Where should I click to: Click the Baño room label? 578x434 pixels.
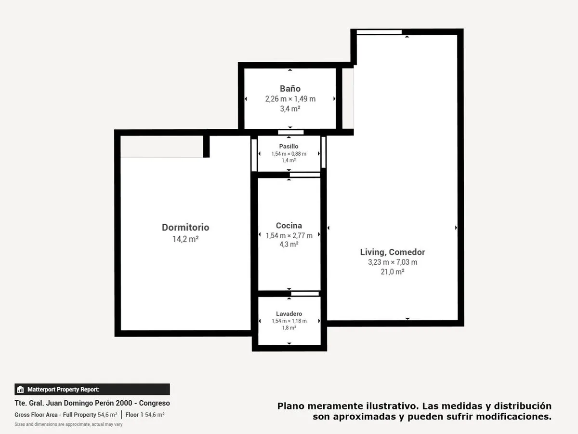click(290, 89)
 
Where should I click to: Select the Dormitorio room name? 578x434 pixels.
click(185, 228)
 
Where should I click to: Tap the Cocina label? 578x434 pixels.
click(289, 226)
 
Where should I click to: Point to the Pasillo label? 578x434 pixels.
click(289, 146)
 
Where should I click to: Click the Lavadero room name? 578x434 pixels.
click(289, 313)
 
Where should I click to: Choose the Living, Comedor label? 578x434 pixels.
click(393, 252)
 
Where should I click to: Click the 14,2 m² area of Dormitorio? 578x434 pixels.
click(185, 239)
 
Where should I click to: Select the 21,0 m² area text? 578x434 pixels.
click(393, 271)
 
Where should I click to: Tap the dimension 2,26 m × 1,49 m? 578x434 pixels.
click(290, 99)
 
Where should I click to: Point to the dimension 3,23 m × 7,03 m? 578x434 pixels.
click(393, 262)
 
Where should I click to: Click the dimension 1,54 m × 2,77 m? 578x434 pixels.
click(289, 235)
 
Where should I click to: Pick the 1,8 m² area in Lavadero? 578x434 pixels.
click(289, 328)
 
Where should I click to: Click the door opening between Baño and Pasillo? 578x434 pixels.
click(291, 132)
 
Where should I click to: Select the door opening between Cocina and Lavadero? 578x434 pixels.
click(305, 294)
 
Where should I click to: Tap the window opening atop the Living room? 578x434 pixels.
click(379, 32)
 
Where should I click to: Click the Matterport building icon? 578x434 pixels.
click(20, 389)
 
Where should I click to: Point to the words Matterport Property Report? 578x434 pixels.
click(63, 389)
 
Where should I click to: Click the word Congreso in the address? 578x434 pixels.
click(154, 403)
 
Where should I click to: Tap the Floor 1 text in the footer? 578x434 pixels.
click(134, 415)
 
